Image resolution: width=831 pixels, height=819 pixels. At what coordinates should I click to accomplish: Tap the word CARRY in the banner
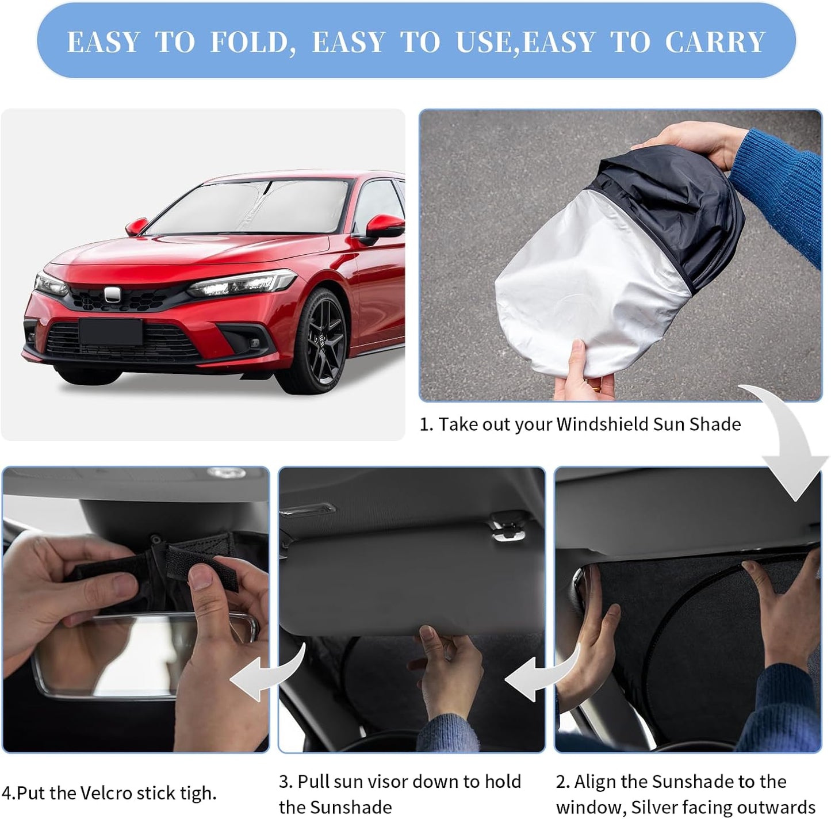tap(715, 42)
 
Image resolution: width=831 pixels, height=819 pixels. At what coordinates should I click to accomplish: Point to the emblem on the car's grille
tap(112, 295)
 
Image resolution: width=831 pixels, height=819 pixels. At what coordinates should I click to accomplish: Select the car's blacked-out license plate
tap(110, 332)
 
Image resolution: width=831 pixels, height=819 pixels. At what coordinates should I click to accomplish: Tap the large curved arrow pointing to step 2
tap(791, 443)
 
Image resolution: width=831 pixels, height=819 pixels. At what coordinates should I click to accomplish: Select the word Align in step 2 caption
tap(595, 782)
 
